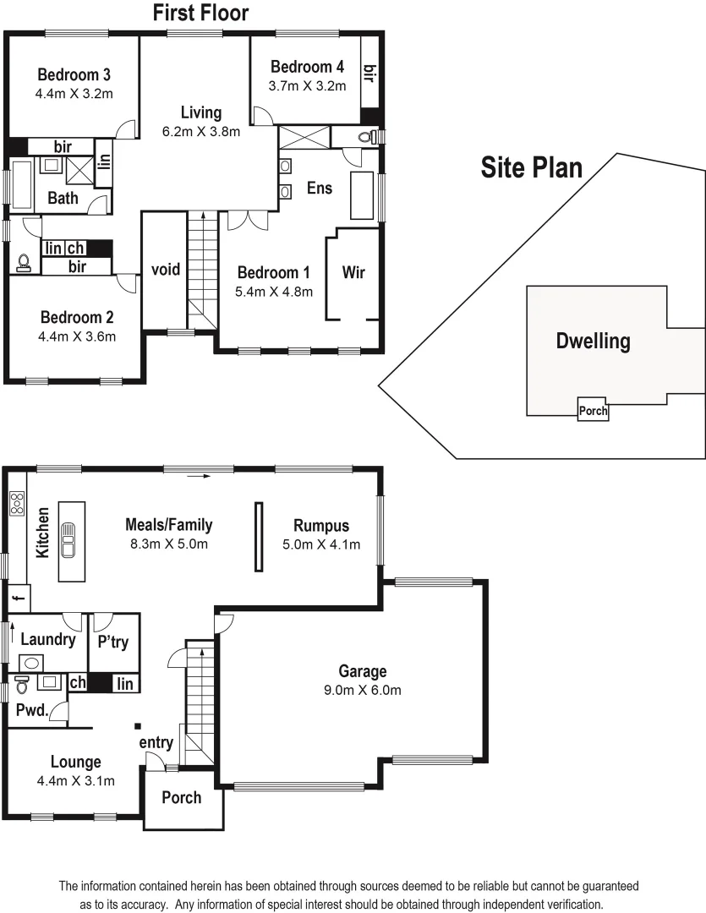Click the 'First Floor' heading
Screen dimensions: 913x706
(x=200, y=13)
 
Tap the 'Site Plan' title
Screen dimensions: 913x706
(x=531, y=167)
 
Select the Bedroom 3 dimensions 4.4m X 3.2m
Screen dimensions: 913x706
(x=74, y=94)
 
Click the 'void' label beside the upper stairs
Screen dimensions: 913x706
(x=165, y=270)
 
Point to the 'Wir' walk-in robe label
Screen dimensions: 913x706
(x=353, y=272)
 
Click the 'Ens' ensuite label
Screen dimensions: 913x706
(x=319, y=188)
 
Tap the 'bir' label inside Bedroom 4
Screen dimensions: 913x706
(x=369, y=74)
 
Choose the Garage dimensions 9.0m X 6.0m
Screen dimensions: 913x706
(x=363, y=690)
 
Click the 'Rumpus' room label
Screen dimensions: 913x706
(x=321, y=525)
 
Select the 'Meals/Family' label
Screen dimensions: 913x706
(x=168, y=525)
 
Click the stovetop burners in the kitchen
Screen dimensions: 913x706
(x=17, y=503)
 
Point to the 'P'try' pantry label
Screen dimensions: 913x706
(x=113, y=642)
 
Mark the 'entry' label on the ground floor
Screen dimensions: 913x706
(x=156, y=742)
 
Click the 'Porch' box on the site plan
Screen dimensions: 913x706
(x=593, y=411)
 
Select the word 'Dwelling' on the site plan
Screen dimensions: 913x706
(x=593, y=342)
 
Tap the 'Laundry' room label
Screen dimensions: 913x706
(x=48, y=639)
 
